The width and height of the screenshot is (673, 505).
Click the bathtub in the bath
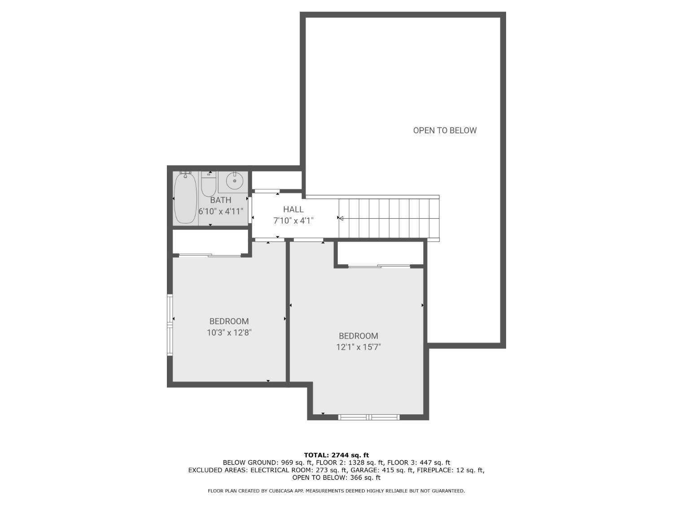[x=185, y=198]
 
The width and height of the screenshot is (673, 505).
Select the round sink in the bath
[x=234, y=181]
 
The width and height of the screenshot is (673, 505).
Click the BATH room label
[x=221, y=200]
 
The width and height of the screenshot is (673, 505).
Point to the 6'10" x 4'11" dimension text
[x=221, y=211]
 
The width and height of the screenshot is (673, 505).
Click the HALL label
[x=293, y=209]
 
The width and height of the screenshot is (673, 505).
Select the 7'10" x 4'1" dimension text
[x=293, y=220]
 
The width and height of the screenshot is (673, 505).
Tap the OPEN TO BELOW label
[x=445, y=130]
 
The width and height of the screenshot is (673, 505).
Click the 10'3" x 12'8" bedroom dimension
[x=229, y=333]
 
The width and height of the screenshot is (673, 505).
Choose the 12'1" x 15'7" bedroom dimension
[x=358, y=347]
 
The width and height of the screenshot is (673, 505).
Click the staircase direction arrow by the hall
[x=341, y=219]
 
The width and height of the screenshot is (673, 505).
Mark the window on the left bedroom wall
[x=170, y=325]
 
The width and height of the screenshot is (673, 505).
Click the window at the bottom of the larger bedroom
[x=369, y=417]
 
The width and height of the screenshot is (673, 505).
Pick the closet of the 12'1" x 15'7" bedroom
[x=380, y=254]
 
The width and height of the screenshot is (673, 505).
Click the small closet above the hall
[x=276, y=180]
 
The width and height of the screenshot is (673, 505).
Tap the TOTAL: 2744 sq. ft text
[x=336, y=455]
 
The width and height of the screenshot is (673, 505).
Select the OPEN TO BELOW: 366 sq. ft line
[x=336, y=478]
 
